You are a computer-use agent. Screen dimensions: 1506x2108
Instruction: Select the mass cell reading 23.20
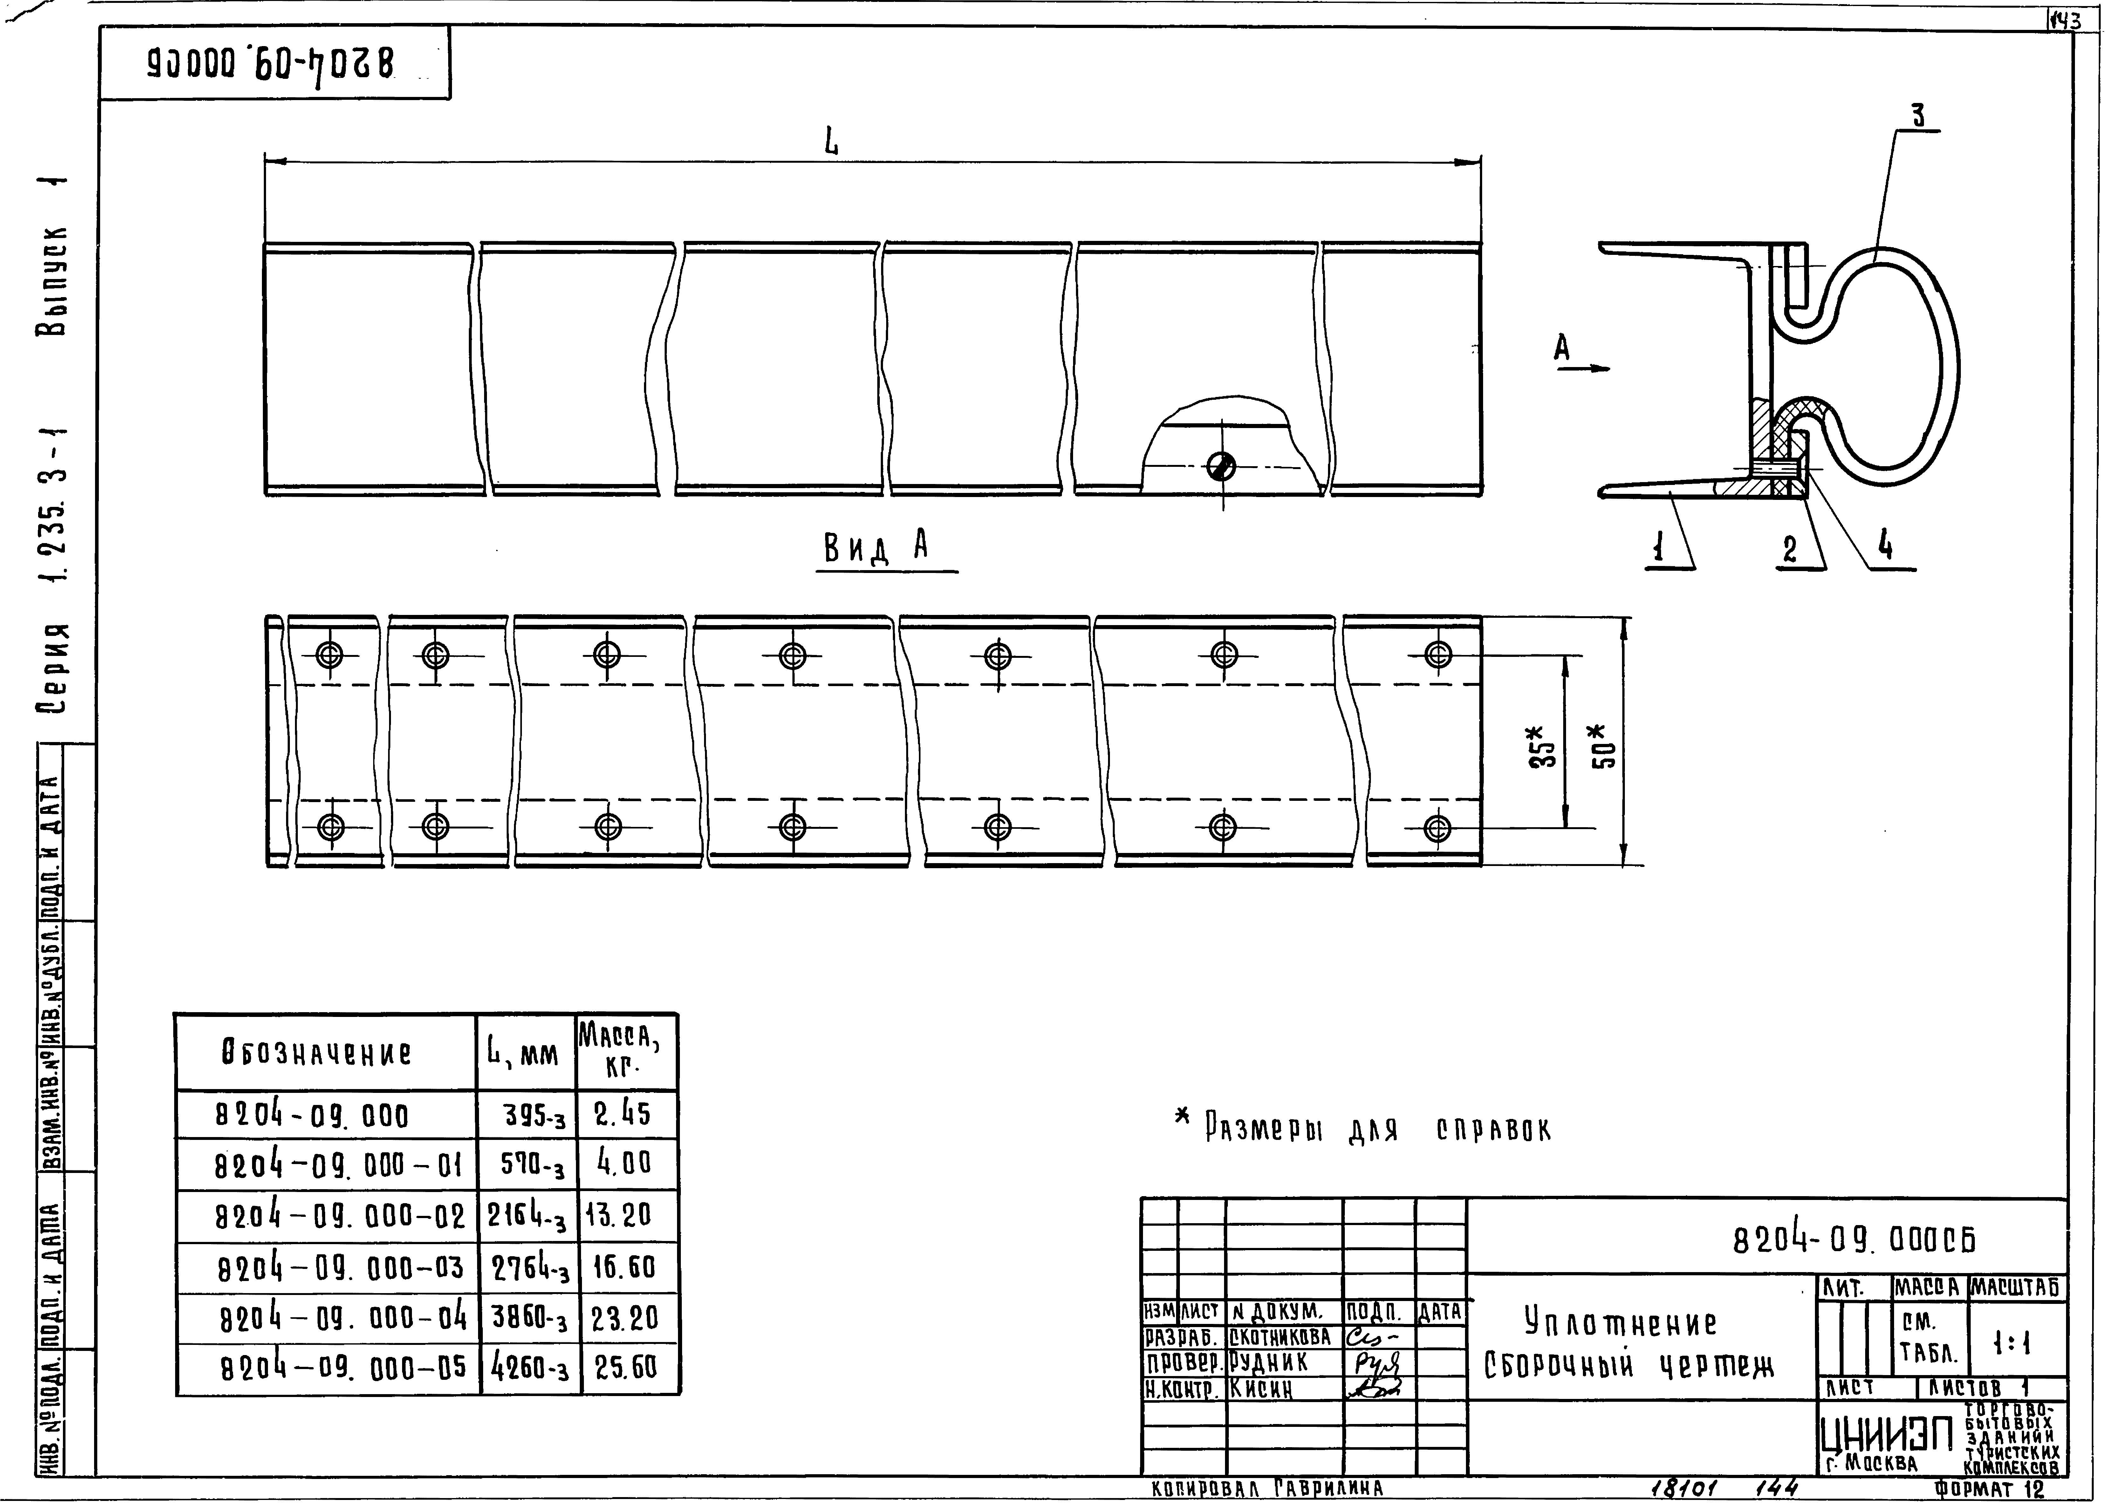625,1318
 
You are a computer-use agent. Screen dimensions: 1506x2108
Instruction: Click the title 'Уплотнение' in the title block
1620,1322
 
